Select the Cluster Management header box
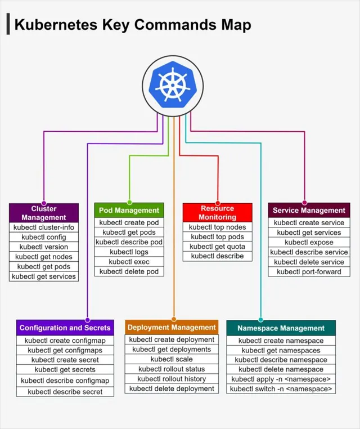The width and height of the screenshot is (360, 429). pos(44,213)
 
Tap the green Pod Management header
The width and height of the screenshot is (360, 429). pos(129,211)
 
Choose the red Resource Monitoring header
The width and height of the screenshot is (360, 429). pos(218,212)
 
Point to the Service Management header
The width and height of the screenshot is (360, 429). pos(309,211)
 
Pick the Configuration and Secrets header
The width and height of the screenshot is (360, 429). pos(65,328)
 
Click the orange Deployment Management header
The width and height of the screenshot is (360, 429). pos(172,327)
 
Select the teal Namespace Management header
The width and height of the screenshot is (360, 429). pos(281,328)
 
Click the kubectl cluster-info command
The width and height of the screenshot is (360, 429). pos(44,227)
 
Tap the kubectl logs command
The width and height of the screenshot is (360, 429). pos(129,252)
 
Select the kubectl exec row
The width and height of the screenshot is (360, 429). pos(129,262)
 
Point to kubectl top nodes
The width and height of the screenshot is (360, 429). pos(218,227)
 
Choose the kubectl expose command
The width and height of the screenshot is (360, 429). pos(309,243)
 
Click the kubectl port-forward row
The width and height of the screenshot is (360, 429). pos(309,272)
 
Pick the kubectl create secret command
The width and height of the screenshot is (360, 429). pos(65,360)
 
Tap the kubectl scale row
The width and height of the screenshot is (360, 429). pos(172,359)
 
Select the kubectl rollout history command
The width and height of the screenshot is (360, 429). pos(172,379)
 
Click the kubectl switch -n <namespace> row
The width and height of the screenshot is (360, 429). pos(281,389)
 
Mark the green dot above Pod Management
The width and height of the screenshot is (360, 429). pos(129,202)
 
